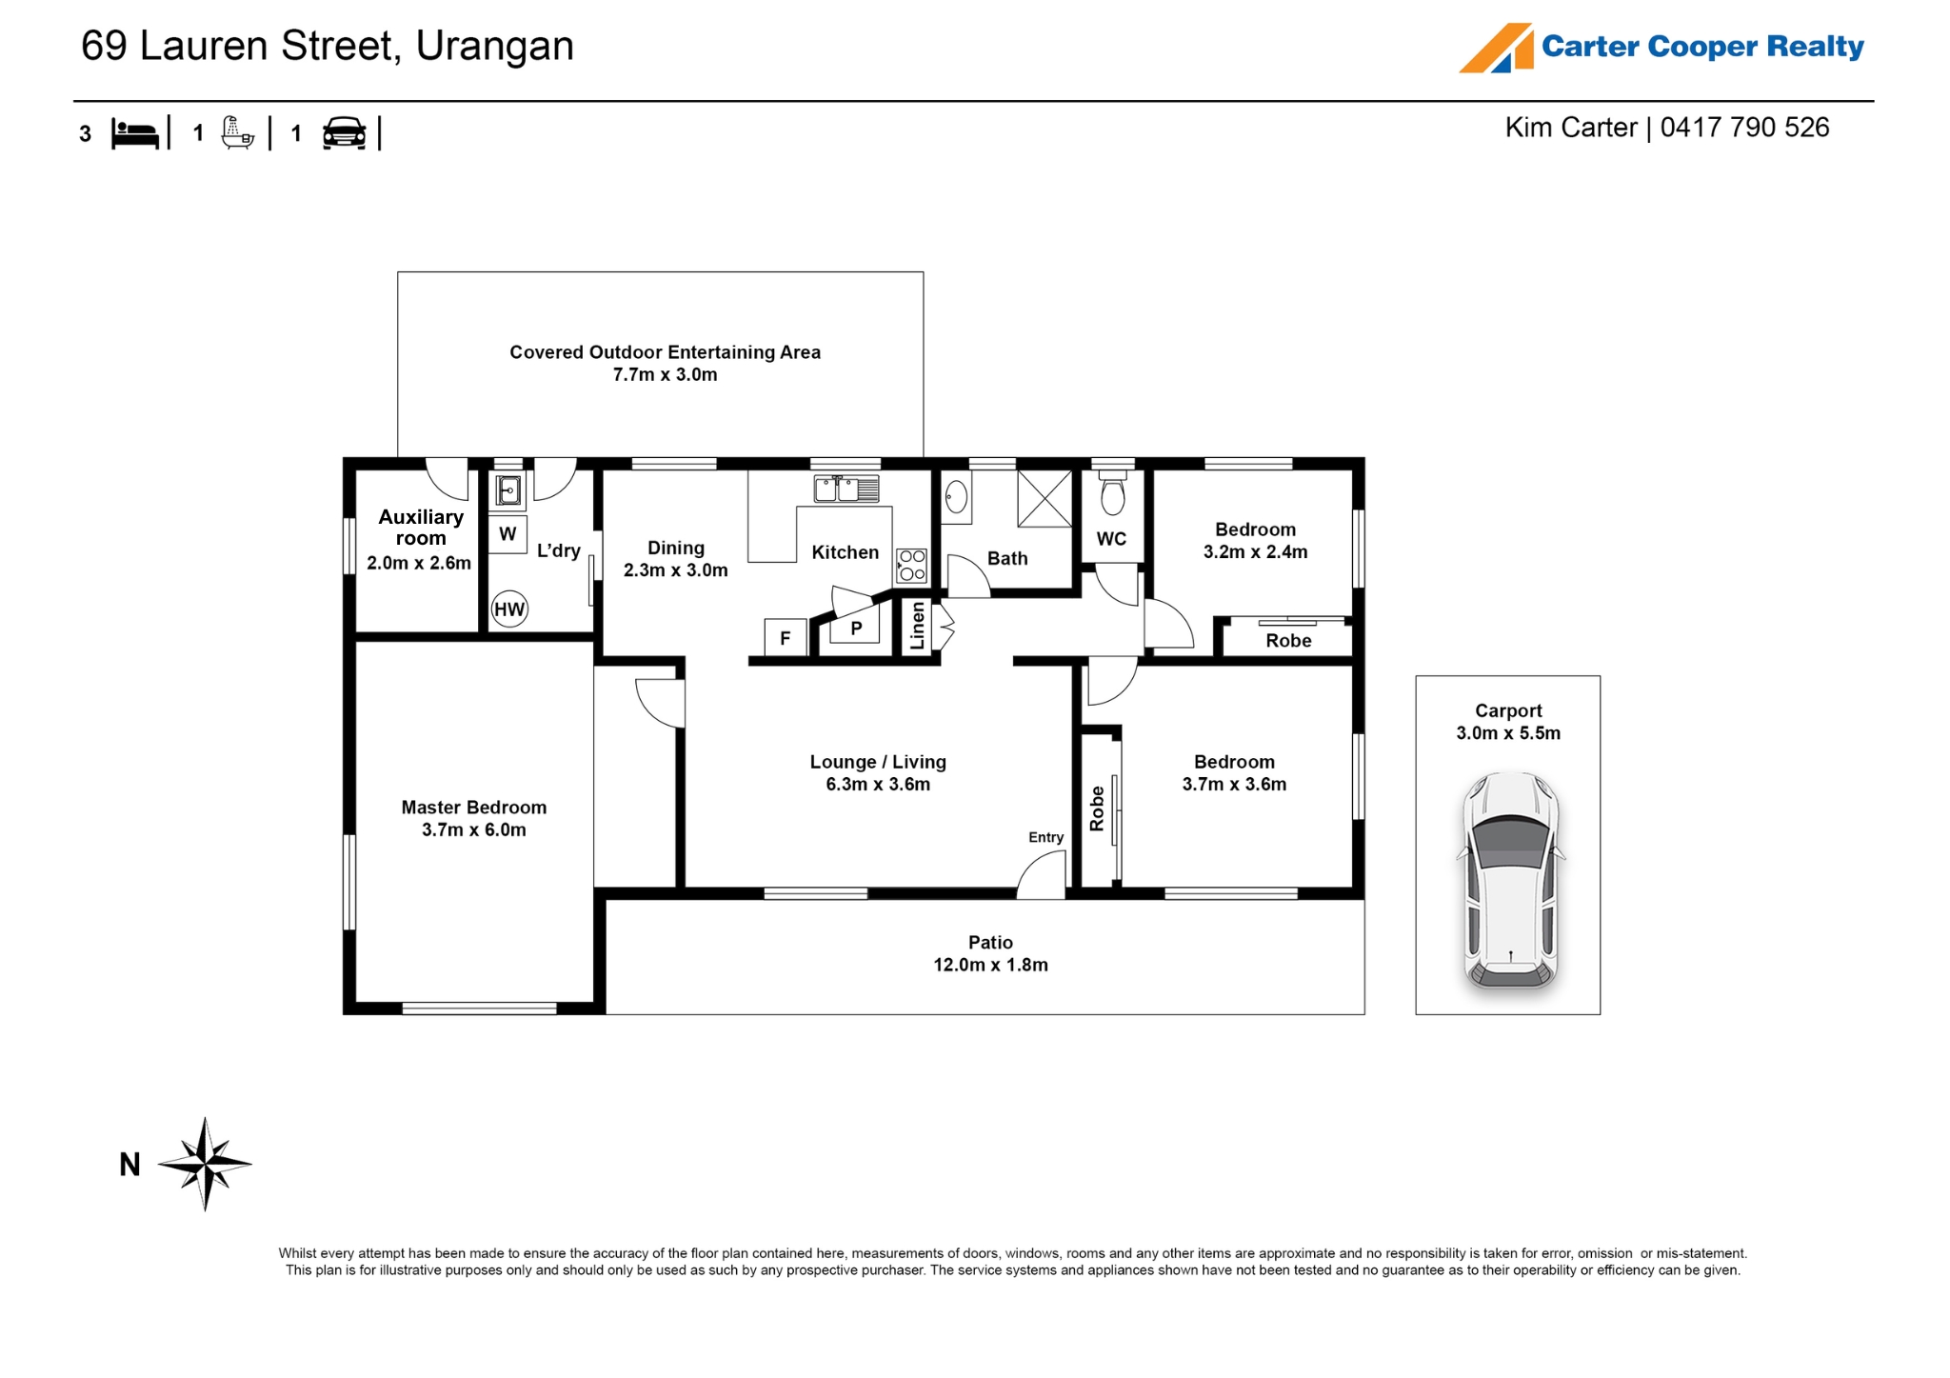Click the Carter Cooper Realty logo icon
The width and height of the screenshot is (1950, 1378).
pyautogui.click(x=1497, y=48)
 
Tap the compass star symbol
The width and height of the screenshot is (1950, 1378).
pyautogui.click(x=205, y=1164)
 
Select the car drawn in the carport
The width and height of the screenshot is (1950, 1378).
pyautogui.click(x=1510, y=880)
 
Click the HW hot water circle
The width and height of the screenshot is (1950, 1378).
pyautogui.click(x=509, y=609)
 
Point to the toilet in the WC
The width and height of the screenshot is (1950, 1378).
pyautogui.click(x=1112, y=490)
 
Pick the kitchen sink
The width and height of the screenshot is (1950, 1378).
pyautogui.click(x=846, y=489)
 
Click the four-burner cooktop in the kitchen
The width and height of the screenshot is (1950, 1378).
pyautogui.click(x=911, y=565)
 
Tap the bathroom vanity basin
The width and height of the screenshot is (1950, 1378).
pyautogui.click(x=957, y=497)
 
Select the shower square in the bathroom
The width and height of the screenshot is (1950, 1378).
pyautogui.click(x=1045, y=498)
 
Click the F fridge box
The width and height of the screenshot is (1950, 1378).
pyautogui.click(x=786, y=638)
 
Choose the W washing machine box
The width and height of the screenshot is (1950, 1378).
pyautogui.click(x=507, y=534)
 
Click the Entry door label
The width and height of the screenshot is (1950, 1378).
pyautogui.click(x=1045, y=837)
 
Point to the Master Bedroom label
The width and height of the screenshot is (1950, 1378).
pyautogui.click(x=474, y=808)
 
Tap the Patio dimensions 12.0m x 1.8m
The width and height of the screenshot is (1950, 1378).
pyautogui.click(x=990, y=965)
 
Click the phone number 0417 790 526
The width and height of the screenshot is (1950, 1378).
pyautogui.click(x=1744, y=128)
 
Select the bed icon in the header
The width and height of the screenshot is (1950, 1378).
pyautogui.click(x=135, y=133)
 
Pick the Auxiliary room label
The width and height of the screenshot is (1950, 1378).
pyautogui.click(x=421, y=528)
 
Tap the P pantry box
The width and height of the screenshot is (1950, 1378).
pyautogui.click(x=856, y=628)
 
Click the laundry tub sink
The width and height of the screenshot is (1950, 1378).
pyautogui.click(x=508, y=490)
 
